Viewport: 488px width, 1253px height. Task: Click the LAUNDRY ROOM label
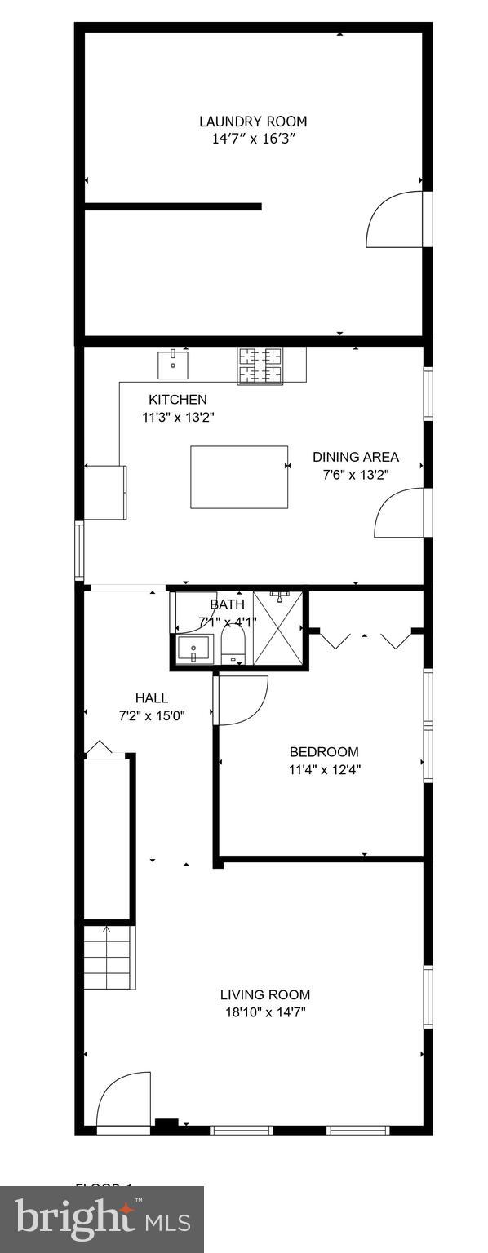(253, 122)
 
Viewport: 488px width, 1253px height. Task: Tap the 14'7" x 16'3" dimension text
(253, 139)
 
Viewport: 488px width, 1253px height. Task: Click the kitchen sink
(173, 364)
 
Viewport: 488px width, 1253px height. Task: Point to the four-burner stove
(260, 365)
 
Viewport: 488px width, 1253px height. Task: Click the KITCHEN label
(177, 400)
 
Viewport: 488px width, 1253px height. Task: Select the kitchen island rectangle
(239, 476)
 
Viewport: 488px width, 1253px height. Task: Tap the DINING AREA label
(356, 457)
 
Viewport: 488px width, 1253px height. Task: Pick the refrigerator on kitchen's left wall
(106, 492)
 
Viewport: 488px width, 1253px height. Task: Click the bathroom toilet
(233, 645)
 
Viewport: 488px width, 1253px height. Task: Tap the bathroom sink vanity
(194, 651)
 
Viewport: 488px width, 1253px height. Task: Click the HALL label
(152, 698)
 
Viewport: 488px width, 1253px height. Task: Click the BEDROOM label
(324, 752)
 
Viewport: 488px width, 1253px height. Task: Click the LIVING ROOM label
(265, 994)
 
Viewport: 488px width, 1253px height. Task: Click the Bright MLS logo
(102, 1219)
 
